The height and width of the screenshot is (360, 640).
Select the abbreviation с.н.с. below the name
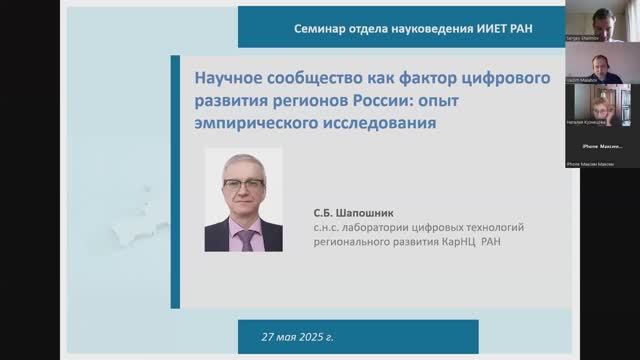click(x=328, y=229)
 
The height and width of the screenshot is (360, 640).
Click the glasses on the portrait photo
click(x=243, y=185)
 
